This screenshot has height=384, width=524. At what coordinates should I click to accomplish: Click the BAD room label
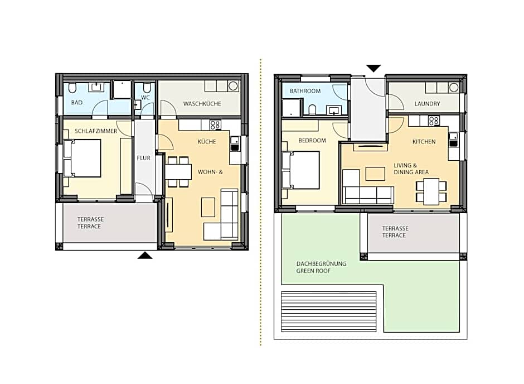(77, 102)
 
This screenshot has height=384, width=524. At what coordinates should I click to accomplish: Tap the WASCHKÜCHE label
(202, 104)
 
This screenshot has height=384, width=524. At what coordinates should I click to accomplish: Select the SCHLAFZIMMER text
(96, 131)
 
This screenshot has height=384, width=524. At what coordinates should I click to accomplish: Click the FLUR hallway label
(144, 158)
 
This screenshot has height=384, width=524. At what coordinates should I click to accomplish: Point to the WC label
(145, 98)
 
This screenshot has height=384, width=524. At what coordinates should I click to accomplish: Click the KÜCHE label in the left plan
(207, 142)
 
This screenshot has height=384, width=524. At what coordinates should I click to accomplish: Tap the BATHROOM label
(305, 91)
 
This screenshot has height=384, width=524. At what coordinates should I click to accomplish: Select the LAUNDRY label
(427, 104)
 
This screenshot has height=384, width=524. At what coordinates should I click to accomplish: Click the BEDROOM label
(312, 141)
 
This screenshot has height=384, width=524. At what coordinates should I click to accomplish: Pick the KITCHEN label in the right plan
(424, 142)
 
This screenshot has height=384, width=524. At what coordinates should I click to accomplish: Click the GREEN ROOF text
(313, 271)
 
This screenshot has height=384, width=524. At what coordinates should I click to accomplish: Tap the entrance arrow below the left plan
(145, 256)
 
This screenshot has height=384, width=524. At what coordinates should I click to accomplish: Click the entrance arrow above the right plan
(373, 68)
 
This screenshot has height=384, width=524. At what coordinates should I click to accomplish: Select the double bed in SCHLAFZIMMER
(82, 158)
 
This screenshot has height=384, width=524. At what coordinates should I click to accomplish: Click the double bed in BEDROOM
(301, 170)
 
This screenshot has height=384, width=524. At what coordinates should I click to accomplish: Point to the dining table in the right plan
(431, 191)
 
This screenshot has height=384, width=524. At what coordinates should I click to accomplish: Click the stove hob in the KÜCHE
(215, 125)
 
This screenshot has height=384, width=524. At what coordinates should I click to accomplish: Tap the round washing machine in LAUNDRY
(454, 88)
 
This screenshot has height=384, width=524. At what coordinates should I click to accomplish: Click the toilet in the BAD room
(72, 88)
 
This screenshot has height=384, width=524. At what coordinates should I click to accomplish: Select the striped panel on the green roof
(329, 312)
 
